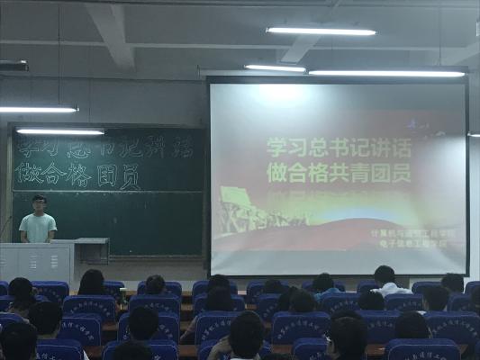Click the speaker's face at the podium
[38, 204]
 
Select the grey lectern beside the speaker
[36, 263]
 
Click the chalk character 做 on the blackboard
[28, 175]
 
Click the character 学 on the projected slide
[276, 148]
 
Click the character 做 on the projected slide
[276, 172]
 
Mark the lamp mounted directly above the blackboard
[60, 131]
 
